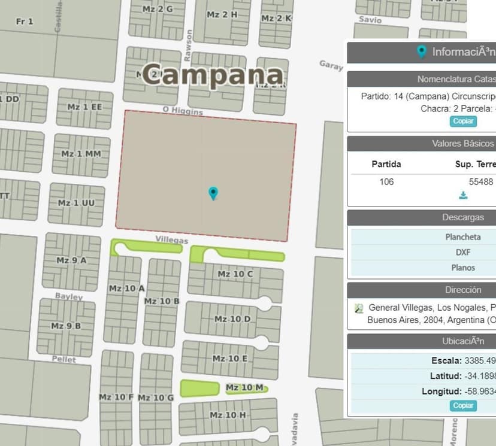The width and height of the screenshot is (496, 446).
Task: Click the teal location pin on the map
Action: (x=213, y=193)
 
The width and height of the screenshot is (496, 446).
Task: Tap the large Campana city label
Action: (x=213, y=75)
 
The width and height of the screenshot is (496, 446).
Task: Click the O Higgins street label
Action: (x=183, y=111)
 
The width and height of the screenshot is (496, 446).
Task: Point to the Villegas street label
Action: (x=172, y=240)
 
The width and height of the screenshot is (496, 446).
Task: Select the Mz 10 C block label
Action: (x=235, y=274)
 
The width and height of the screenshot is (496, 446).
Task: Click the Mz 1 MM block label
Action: (x=81, y=154)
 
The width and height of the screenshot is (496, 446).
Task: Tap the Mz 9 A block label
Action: (x=71, y=260)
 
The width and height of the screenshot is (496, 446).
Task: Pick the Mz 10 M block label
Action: (x=244, y=388)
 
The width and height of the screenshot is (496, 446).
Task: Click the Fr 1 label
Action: (x=25, y=22)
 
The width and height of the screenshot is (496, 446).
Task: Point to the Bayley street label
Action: (x=69, y=296)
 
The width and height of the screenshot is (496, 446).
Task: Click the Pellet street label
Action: (x=64, y=360)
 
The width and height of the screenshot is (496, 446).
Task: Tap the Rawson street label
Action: (x=189, y=45)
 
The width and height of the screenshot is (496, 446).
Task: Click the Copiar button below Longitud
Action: (x=463, y=405)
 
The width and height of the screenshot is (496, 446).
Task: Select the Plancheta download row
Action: (x=462, y=237)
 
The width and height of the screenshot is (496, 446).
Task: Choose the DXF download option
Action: (x=462, y=253)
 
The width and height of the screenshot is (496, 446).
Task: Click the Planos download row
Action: (x=462, y=268)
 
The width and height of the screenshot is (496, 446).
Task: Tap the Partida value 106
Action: (x=386, y=181)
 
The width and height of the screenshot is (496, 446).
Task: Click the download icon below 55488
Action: (x=463, y=195)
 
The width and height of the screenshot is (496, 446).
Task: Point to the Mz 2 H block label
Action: (x=222, y=14)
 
